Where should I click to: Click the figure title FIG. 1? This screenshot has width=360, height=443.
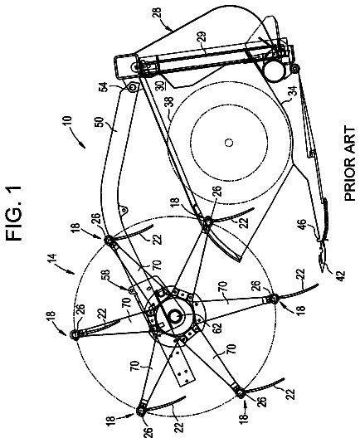(15, 212)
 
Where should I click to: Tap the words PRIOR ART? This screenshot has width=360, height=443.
(350, 164)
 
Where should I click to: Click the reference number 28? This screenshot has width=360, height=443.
(158, 14)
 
